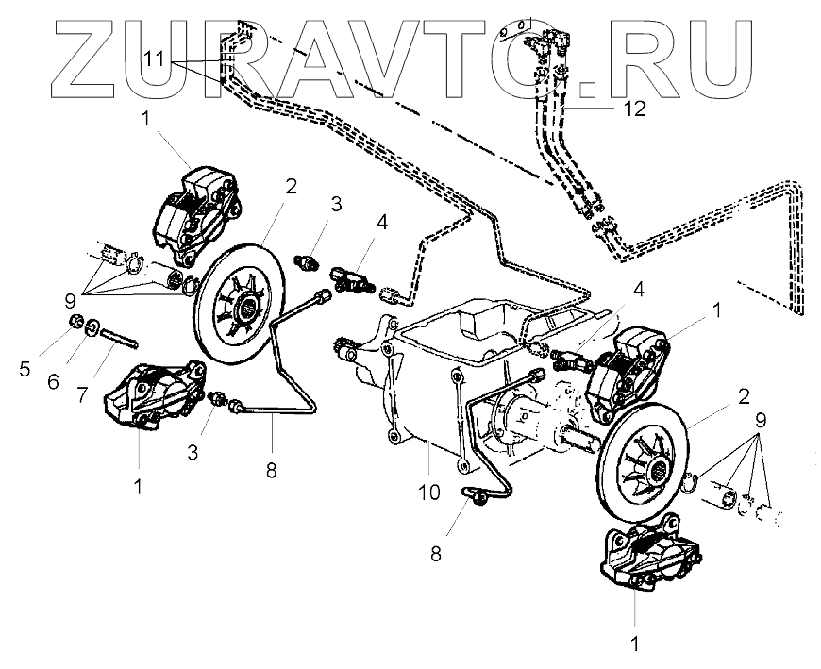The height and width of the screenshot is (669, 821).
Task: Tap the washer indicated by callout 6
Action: click(93, 330)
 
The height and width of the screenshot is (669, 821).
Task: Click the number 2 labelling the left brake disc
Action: click(291, 185)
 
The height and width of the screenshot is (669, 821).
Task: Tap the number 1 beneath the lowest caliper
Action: click(634, 646)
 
